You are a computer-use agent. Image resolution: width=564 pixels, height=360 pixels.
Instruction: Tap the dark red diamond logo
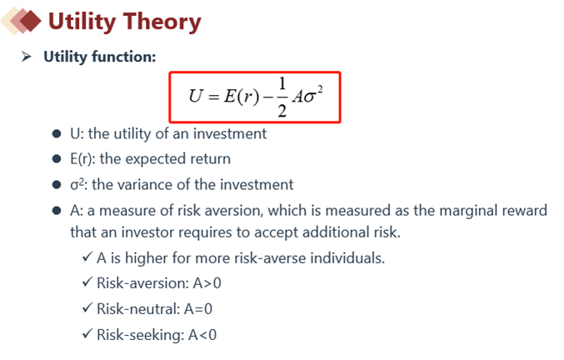[30, 21]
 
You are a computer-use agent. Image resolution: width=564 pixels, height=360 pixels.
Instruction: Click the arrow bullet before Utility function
[27, 57]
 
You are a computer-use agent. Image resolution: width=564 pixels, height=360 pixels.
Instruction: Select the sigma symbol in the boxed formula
[308, 97]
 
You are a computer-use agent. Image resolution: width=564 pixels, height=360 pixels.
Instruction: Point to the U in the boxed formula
[196, 96]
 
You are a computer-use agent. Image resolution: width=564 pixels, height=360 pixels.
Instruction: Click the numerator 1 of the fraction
[282, 84]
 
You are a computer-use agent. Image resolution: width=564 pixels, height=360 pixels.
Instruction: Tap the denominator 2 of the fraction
[282, 110]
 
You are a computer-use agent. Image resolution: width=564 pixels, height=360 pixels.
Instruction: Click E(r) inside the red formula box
[242, 97]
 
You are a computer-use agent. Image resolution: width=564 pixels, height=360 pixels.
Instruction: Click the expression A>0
[207, 283]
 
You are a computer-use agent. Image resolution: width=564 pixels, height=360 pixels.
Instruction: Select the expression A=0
[198, 309]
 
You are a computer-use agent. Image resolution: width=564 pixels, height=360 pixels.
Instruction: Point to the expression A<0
[202, 335]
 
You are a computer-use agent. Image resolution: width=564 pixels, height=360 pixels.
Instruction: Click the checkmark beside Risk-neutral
[87, 308]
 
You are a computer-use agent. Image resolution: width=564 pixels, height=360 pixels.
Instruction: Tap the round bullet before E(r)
[57, 158]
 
